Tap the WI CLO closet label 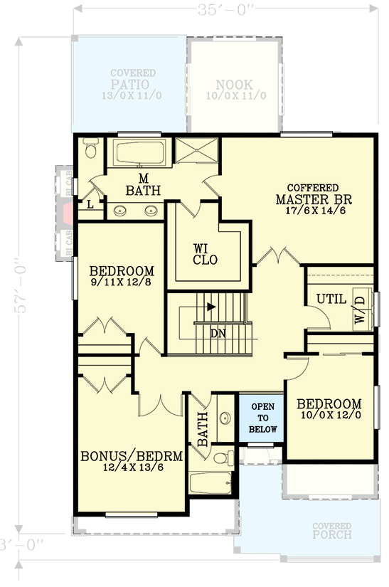point(205,254)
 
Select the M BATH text point(143,184)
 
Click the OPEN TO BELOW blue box point(262,418)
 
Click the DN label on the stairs point(219,332)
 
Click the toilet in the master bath point(90,150)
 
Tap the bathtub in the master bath point(140,153)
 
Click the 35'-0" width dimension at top point(225,9)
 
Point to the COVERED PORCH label point(331,530)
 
